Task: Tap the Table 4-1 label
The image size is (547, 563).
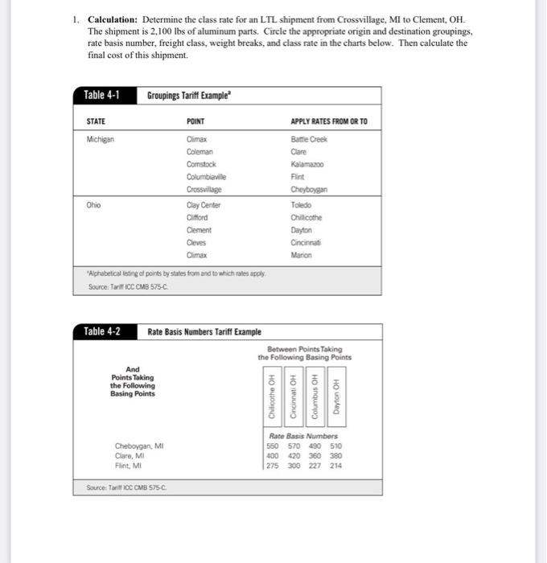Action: (x=102, y=97)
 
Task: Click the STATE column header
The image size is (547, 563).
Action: (x=96, y=122)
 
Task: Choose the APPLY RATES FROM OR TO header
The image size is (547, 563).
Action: (x=330, y=122)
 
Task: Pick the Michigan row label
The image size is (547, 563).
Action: (x=101, y=139)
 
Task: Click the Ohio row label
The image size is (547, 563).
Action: (x=93, y=205)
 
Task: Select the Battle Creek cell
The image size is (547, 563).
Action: (x=310, y=139)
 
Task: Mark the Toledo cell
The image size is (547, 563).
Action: (x=302, y=205)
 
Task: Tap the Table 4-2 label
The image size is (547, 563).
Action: (x=102, y=332)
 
